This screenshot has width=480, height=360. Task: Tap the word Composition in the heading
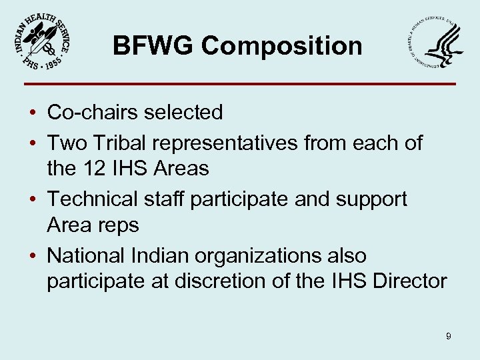282,47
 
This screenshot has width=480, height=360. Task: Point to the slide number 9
449,337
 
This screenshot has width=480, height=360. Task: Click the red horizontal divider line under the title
240,84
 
